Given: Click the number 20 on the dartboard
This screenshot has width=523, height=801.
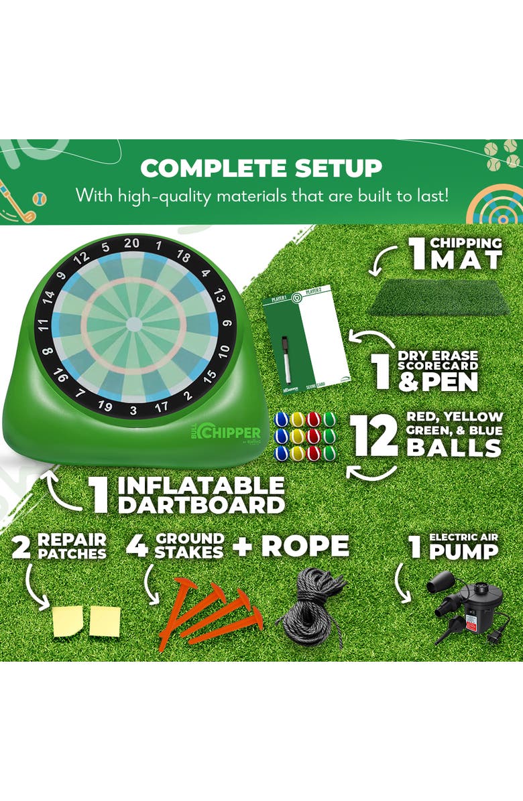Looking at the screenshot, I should (x=132, y=242).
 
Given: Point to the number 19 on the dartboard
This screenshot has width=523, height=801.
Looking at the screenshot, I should (x=105, y=405).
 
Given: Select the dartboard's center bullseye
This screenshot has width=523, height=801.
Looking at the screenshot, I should (x=134, y=324).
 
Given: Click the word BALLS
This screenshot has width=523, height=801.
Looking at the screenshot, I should (x=455, y=447).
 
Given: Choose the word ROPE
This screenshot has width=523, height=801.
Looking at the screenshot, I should (x=305, y=546).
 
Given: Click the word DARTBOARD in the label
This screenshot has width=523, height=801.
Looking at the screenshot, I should (x=201, y=504).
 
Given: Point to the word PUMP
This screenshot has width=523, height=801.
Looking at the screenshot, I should (x=463, y=552).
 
